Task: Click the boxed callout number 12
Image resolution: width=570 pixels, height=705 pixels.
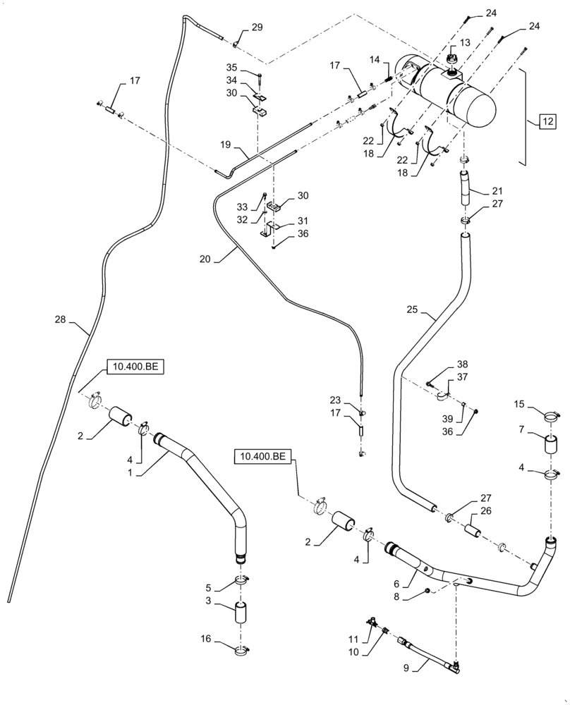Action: coord(547,121)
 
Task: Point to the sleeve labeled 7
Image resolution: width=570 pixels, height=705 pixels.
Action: coord(550,446)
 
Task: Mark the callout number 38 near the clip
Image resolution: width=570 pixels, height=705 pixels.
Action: coord(462,365)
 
